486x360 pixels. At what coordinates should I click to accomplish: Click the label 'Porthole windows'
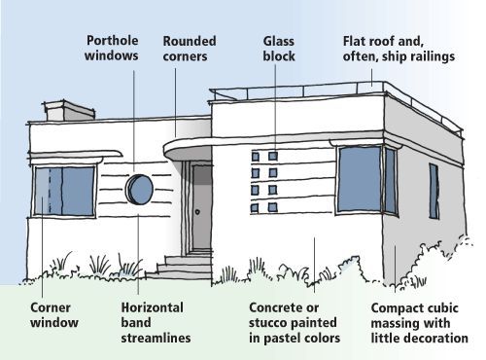[113, 49]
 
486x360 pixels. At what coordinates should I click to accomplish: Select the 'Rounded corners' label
[190, 49]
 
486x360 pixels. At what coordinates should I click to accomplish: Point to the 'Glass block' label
[279, 49]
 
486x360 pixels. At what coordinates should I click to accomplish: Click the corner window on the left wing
[64, 191]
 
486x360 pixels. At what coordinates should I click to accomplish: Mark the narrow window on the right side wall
[434, 191]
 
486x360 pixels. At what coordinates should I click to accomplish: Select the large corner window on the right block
[361, 180]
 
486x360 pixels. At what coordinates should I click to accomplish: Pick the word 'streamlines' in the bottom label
[156, 339]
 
